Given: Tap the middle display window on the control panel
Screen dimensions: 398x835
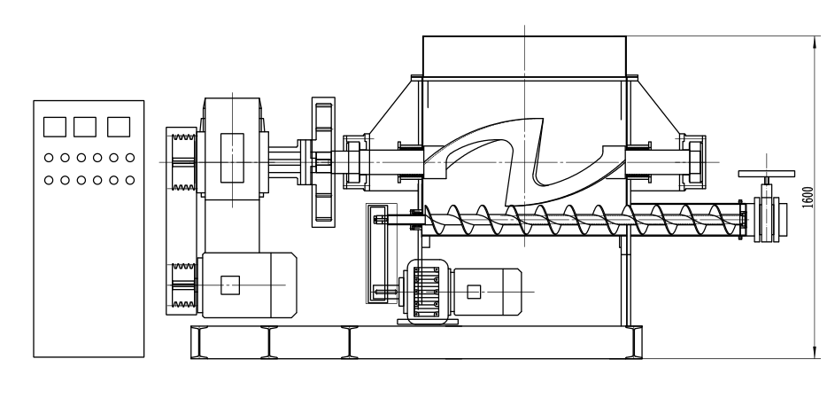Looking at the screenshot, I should (x=85, y=126).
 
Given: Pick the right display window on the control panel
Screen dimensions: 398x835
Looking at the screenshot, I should (x=119, y=126).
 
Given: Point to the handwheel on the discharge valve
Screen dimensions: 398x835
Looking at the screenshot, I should (x=761, y=175).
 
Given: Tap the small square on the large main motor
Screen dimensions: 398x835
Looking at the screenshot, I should (x=230, y=284).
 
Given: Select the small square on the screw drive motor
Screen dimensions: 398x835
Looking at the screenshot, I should (x=475, y=291).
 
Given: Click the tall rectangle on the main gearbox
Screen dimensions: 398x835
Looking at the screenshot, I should (x=232, y=157).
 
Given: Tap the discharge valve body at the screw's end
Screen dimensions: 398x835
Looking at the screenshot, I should (x=764, y=221).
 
